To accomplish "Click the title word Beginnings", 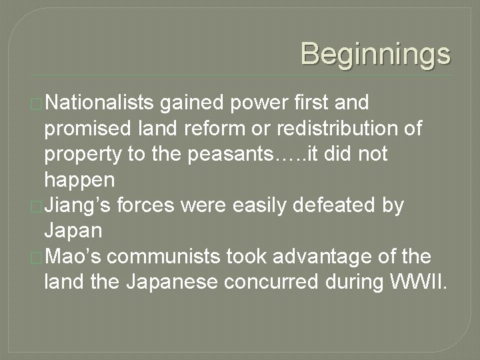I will click(375, 54).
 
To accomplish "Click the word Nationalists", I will click(101, 103).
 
